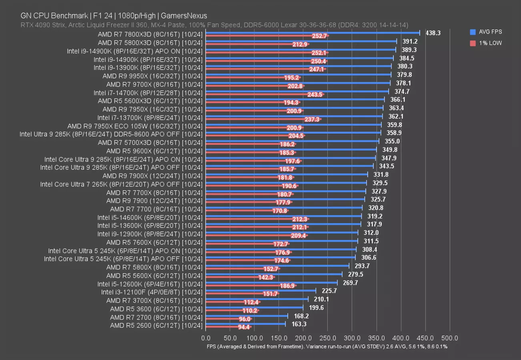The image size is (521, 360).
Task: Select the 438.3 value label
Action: [x=432, y=33]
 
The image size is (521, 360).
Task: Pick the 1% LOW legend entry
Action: [x=485, y=43]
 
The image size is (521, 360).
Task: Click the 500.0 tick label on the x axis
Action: [x=450, y=338]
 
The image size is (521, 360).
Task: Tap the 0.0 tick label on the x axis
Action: [x=206, y=338]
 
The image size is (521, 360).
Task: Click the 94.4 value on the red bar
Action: [x=244, y=327]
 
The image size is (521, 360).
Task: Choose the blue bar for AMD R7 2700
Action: [x=246, y=316]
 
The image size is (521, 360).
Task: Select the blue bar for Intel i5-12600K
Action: [x=271, y=282]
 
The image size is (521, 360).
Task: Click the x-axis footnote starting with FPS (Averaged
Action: [x=327, y=346]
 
